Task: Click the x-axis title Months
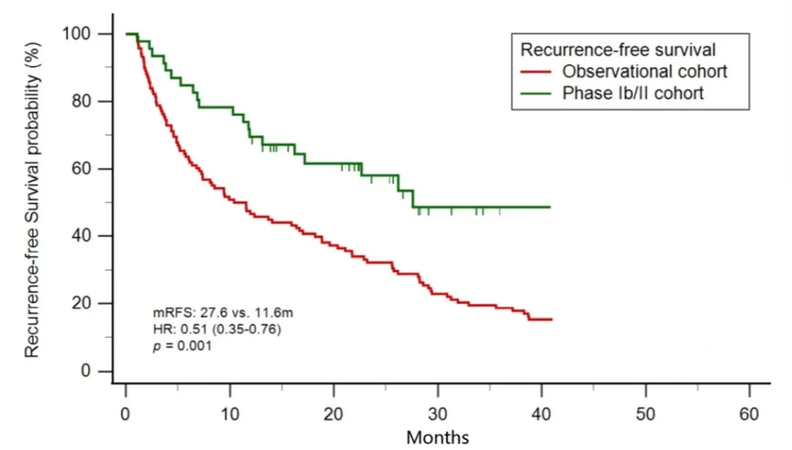point(438,438)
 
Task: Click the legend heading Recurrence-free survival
point(618,50)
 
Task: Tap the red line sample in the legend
point(538,72)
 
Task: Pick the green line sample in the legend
point(538,93)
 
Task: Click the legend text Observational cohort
point(645,72)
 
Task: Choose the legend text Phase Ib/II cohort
point(633,93)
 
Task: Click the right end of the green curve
point(549,207)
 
